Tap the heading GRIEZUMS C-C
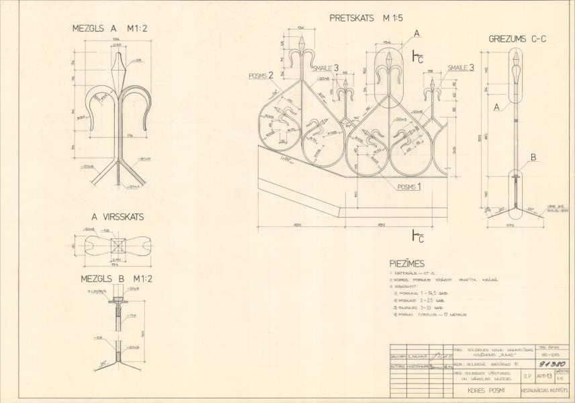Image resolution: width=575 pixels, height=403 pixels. click(517, 39)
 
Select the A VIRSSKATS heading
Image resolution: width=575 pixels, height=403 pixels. click(118, 217)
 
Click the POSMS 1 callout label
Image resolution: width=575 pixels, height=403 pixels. click(409, 187)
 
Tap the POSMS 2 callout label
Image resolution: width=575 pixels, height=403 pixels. click(261, 76)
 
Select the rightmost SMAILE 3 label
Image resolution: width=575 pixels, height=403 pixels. click(461, 67)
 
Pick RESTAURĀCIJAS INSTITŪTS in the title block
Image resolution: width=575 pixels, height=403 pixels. click(547, 390)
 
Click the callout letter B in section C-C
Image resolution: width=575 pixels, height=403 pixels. click(533, 158)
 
